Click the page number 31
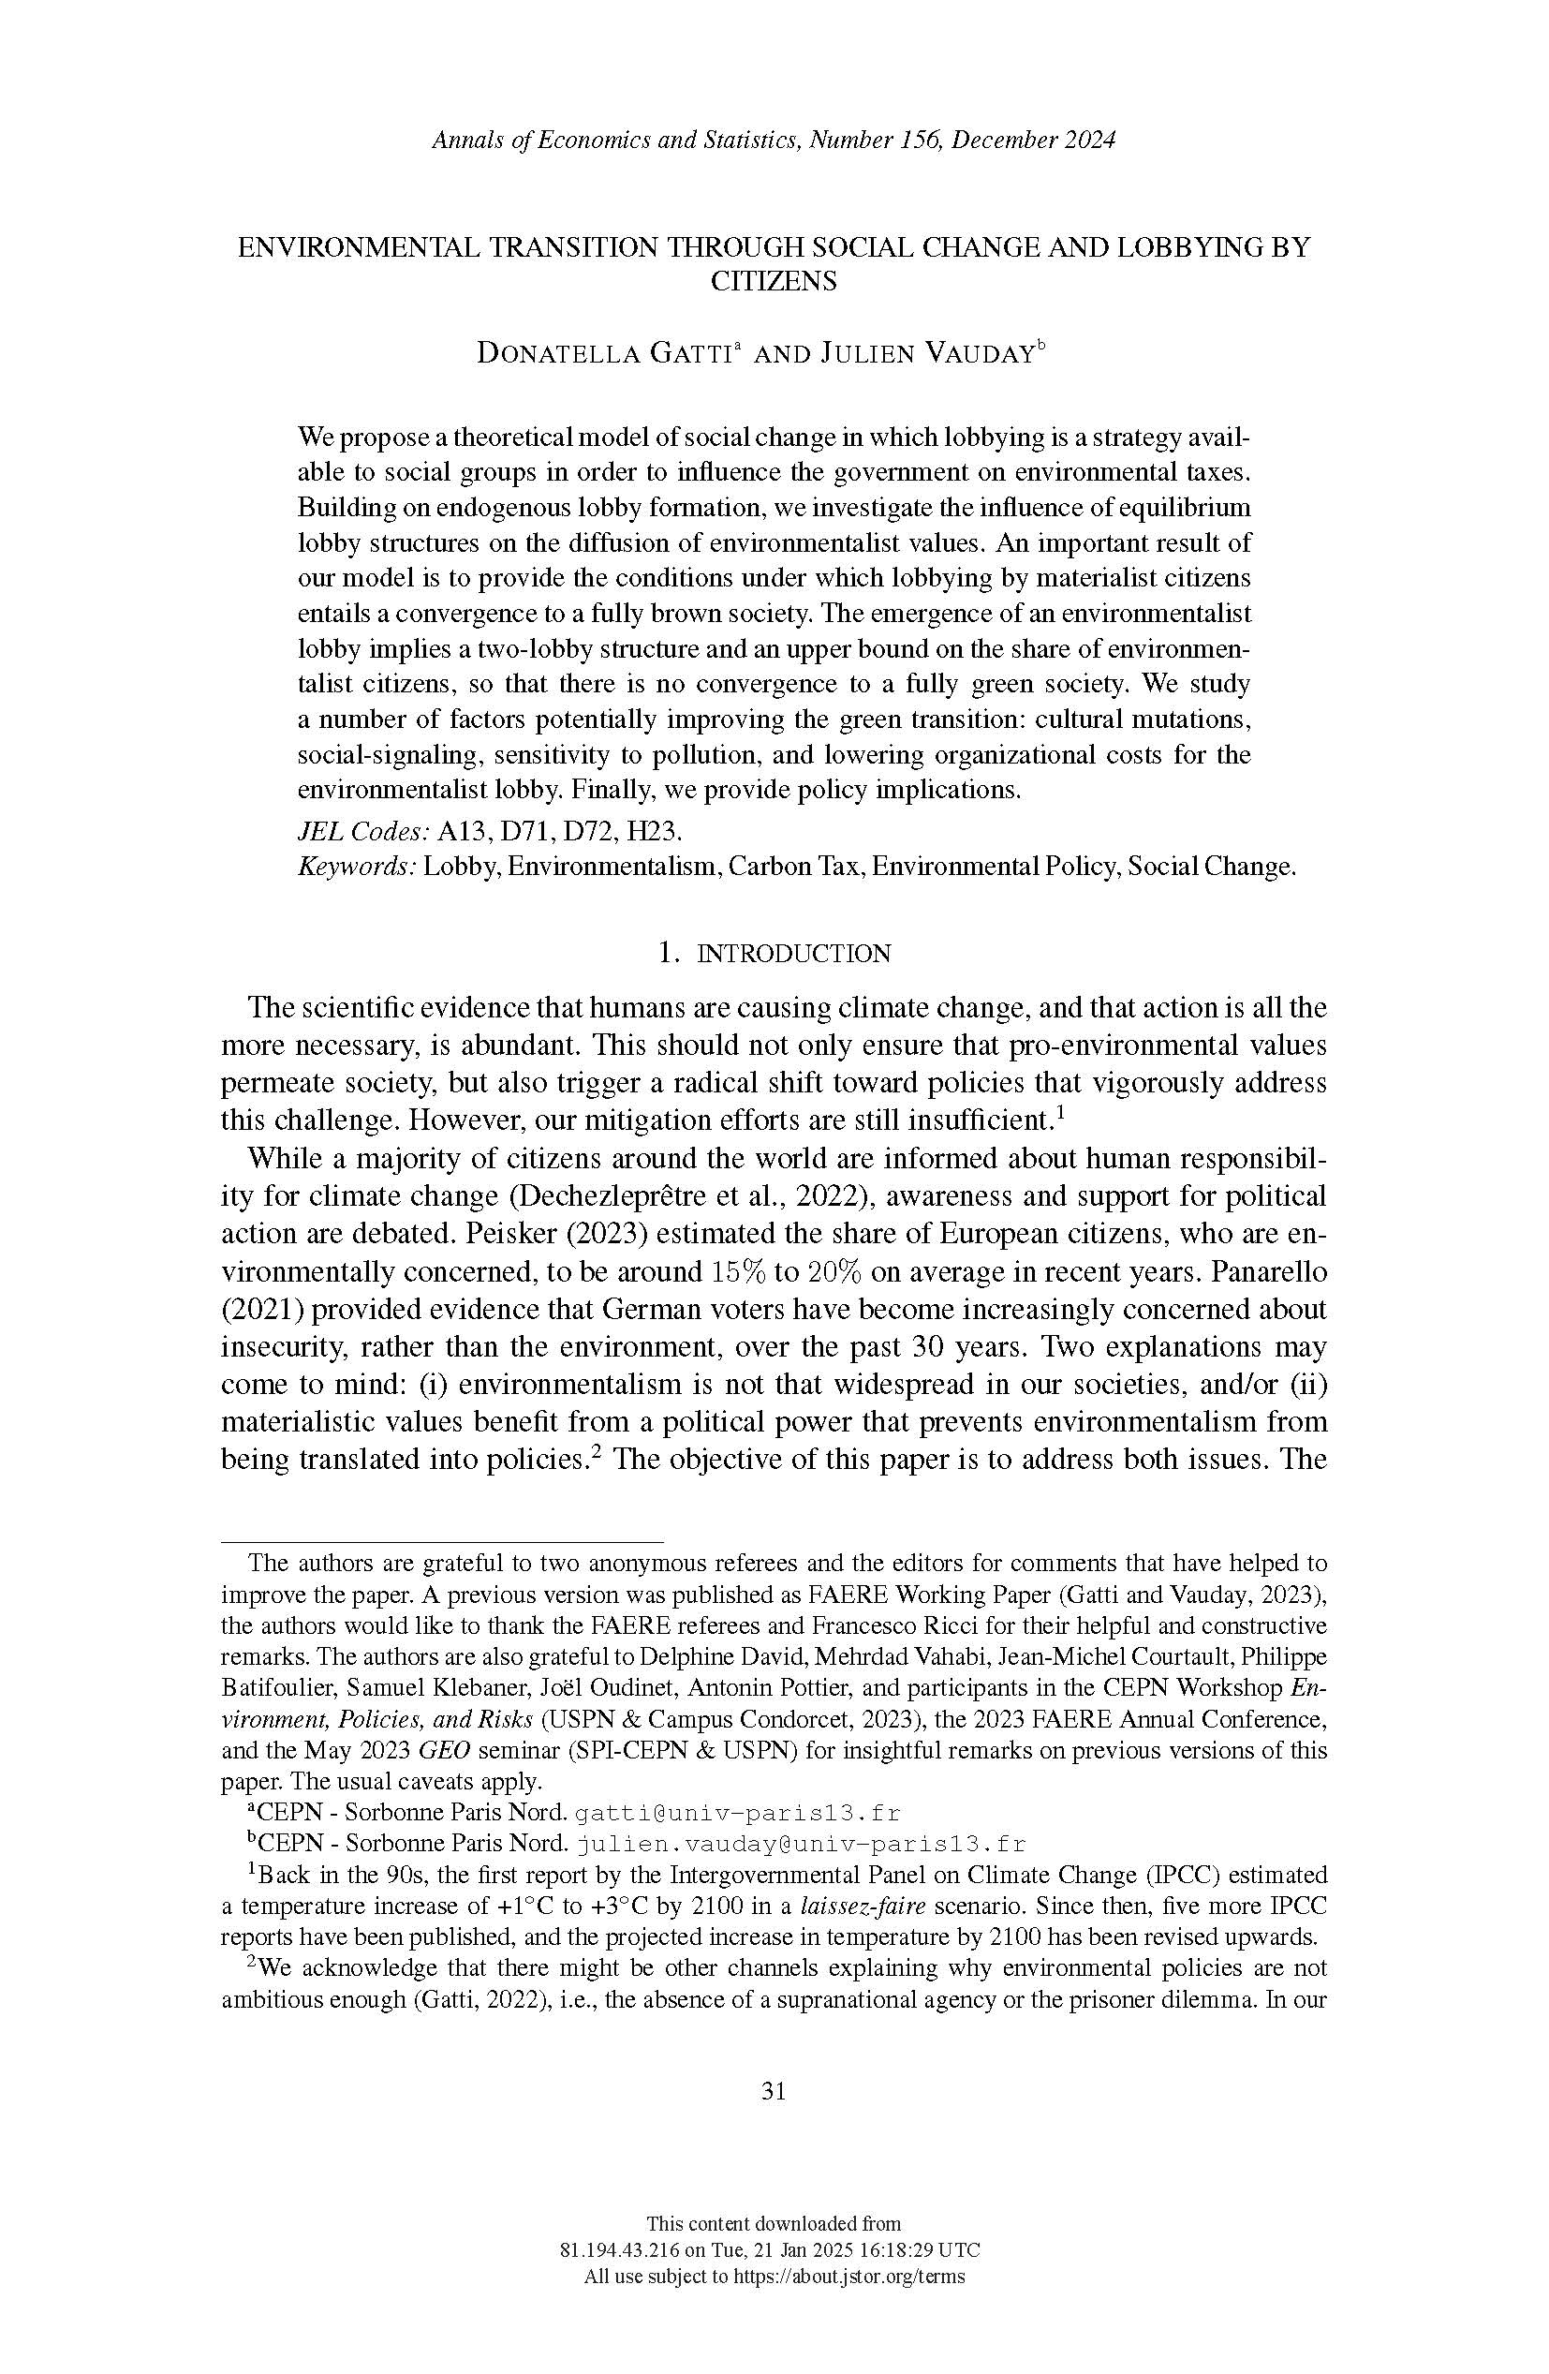click(773, 2091)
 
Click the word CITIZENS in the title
click(773, 281)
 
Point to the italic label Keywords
click(356, 866)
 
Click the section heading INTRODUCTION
click(792, 954)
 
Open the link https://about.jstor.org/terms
click(848, 2277)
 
